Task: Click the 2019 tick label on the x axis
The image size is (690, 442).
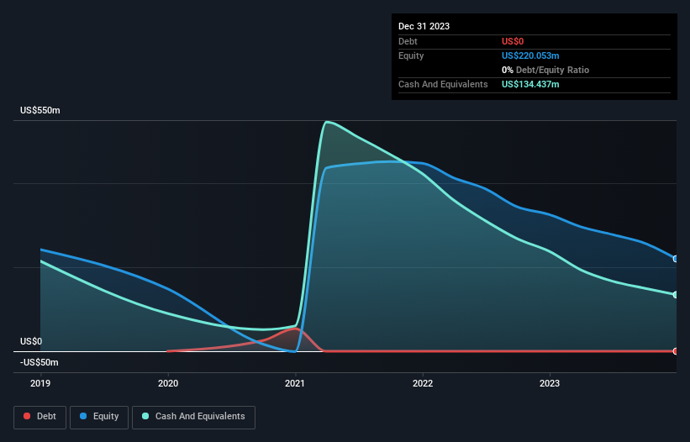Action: [40, 383]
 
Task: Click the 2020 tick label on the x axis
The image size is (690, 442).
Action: [168, 383]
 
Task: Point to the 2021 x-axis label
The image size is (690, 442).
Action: [295, 383]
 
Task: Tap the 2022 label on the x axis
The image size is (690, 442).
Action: [423, 383]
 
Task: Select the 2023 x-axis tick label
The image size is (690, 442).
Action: [550, 383]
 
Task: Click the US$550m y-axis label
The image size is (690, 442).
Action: [40, 111]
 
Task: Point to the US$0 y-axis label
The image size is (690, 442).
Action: [31, 342]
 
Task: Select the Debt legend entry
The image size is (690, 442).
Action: [40, 417]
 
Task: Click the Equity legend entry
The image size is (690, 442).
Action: [99, 417]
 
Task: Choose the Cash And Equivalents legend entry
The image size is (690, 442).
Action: [193, 417]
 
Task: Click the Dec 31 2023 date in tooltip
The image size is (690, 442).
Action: [424, 26]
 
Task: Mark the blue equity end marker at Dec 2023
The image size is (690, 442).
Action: [676, 259]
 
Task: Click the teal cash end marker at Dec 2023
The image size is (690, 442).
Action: [676, 295]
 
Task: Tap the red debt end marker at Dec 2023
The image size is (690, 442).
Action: [676, 351]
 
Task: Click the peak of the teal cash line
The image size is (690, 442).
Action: [325, 122]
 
